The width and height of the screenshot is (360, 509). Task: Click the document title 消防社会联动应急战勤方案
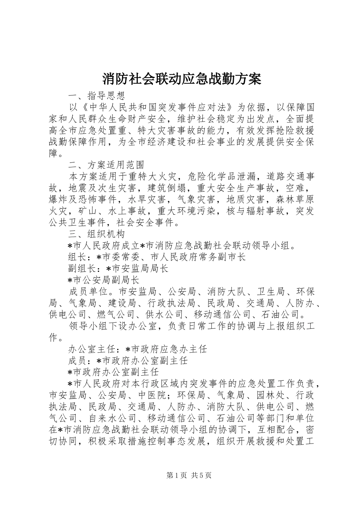tap(182, 79)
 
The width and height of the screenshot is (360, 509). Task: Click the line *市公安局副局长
tap(103, 280)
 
